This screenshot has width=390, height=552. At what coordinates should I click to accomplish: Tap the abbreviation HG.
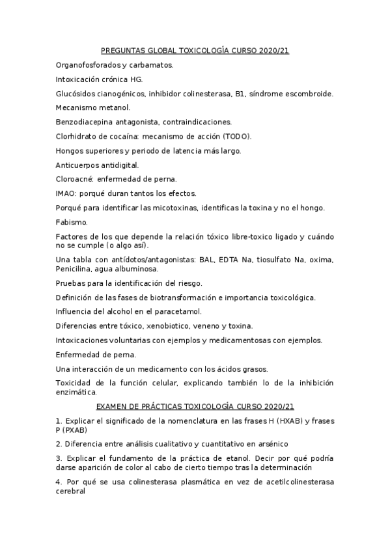pos(136,79)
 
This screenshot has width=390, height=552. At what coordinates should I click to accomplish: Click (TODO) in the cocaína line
pos(236,136)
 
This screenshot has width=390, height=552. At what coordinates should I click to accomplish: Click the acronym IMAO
pos(66,193)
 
